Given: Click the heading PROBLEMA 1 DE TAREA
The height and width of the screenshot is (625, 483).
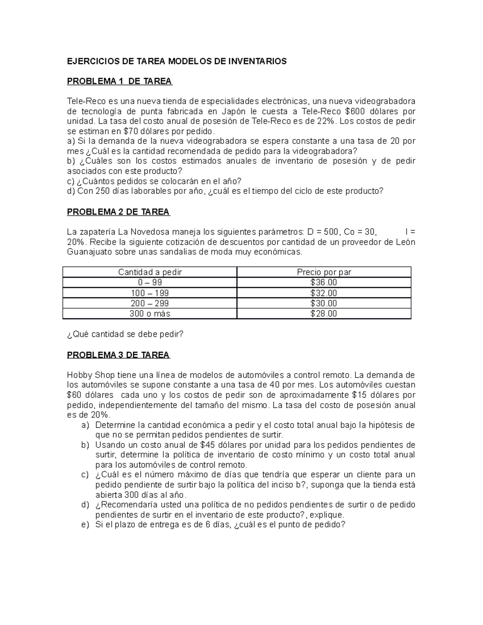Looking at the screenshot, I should pyautogui.click(x=120, y=81).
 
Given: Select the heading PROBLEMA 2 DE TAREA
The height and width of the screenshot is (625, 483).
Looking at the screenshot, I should pyautogui.click(x=118, y=212).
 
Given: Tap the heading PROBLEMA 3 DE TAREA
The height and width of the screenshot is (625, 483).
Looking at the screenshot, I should pyautogui.click(x=118, y=355).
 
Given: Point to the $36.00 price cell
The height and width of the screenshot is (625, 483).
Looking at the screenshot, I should pyautogui.click(x=324, y=283).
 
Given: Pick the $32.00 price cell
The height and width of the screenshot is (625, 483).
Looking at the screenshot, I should pyautogui.click(x=324, y=293).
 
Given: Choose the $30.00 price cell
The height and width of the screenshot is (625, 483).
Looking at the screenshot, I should pyautogui.click(x=324, y=303).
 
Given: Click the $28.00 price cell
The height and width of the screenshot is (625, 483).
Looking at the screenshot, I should pyautogui.click(x=324, y=314).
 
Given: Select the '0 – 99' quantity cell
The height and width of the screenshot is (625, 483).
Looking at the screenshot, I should pyautogui.click(x=150, y=283).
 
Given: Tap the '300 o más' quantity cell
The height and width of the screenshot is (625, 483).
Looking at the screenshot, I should pyautogui.click(x=150, y=314).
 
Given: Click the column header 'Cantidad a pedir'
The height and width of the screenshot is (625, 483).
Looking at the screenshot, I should pyautogui.click(x=150, y=272).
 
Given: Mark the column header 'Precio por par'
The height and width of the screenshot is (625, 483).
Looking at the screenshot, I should pyautogui.click(x=324, y=272).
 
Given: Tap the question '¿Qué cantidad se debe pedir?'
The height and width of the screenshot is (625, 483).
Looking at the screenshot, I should pyautogui.click(x=125, y=334).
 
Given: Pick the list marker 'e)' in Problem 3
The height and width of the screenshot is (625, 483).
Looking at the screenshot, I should pyautogui.click(x=85, y=525).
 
